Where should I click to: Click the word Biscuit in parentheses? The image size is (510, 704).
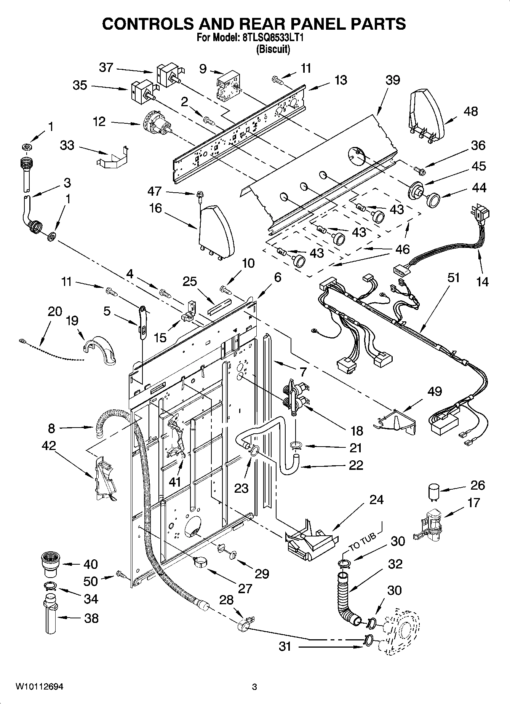273,49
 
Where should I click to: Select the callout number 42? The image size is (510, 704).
50,445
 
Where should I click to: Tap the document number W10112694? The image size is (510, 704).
39,687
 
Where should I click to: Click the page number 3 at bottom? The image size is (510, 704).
255,687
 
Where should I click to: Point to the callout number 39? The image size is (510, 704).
393,80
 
